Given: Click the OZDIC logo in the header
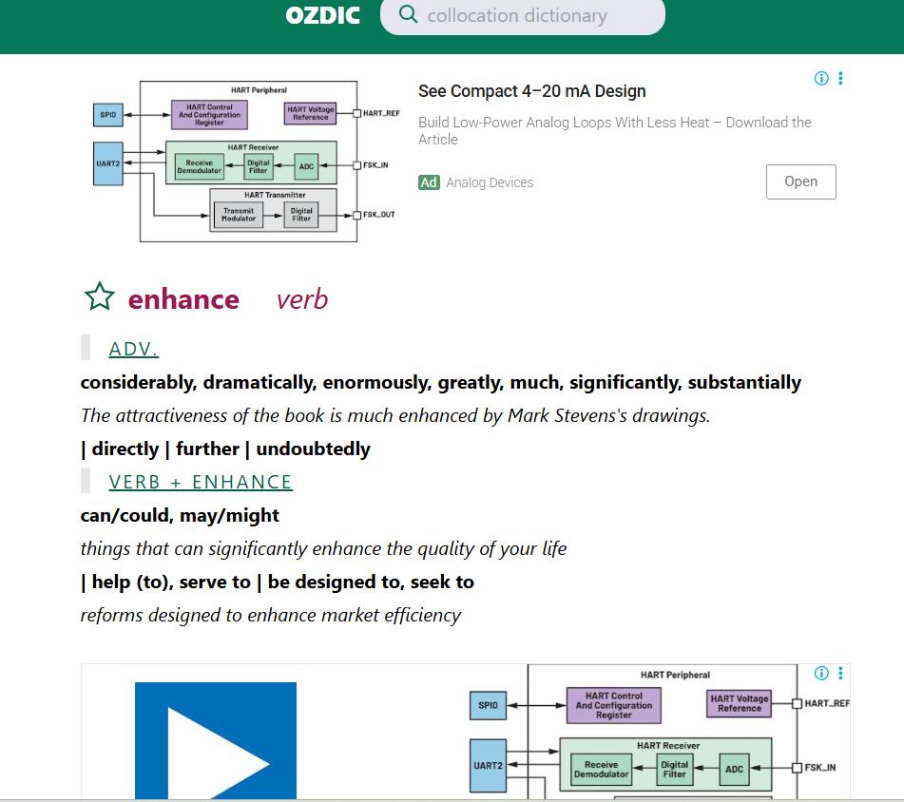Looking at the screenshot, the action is (323, 15).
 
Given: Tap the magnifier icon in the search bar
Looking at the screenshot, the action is (408, 14).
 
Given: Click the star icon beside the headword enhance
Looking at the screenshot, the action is (100, 296).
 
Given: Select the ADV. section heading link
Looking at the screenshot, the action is (133, 349).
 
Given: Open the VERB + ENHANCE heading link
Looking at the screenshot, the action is (201, 482).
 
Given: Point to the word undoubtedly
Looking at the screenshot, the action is (313, 449).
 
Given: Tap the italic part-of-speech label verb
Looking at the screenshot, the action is (302, 299).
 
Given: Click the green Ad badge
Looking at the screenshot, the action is (429, 182).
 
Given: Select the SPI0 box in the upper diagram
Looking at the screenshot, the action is (107, 115).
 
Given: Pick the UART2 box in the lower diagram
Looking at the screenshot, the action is (488, 766).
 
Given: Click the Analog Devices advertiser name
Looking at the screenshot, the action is (490, 182).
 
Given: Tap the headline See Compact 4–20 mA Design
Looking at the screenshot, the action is (531, 91).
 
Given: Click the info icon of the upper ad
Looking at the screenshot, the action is (821, 78).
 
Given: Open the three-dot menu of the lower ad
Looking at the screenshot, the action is (840, 673).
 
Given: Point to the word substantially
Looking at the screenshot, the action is (744, 383).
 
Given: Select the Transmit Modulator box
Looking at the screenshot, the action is (238, 215).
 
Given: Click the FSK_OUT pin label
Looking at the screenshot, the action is (378, 215).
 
